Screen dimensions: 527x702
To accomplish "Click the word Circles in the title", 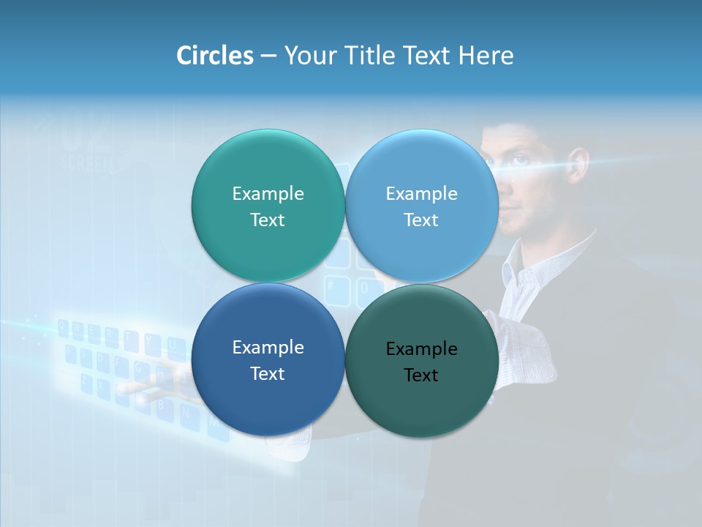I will coord(214,56).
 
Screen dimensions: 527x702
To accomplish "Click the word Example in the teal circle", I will coord(268,193).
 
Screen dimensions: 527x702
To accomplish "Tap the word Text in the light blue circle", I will coord(421,220).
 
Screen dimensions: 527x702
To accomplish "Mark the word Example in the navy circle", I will coord(268,347).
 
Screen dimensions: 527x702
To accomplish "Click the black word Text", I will coord(421,375).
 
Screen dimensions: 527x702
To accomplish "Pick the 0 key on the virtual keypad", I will coord(363,290).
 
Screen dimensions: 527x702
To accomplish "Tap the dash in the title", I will coord(268,56).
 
